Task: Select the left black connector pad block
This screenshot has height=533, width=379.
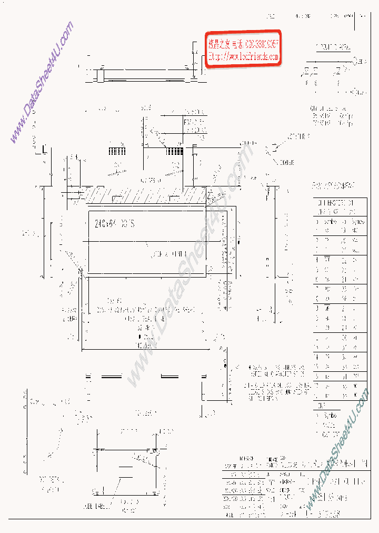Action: pyautogui.click(x=117, y=151)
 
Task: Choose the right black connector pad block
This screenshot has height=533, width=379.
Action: pyautogui.click(x=175, y=151)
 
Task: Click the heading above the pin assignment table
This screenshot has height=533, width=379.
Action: pyautogui.click(x=333, y=185)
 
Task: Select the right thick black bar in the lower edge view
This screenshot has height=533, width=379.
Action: pyautogui.click(x=169, y=376)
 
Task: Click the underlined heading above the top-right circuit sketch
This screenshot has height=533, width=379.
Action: pyautogui.click(x=334, y=48)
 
